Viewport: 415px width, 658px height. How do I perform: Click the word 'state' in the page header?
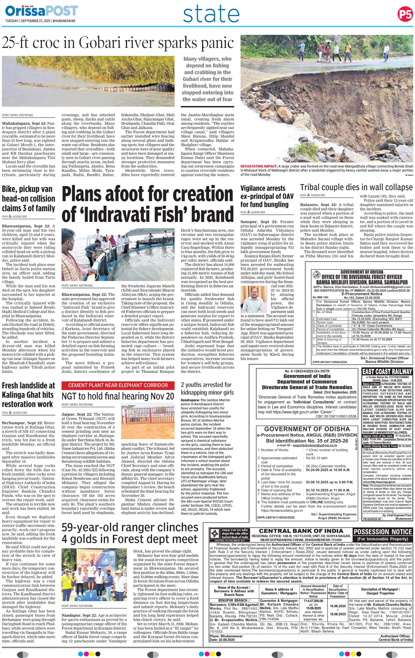211,15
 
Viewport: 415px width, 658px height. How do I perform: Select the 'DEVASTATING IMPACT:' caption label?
258,166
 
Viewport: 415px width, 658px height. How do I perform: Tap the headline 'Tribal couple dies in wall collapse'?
356,187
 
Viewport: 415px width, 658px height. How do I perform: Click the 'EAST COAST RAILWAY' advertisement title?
387,372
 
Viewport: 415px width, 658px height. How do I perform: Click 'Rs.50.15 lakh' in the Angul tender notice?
315,458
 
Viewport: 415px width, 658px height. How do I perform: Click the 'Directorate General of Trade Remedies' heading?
307,387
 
